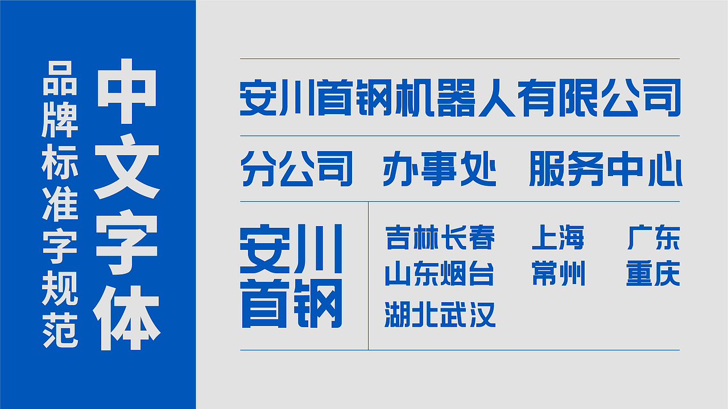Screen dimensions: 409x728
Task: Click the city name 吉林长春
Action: (440, 237)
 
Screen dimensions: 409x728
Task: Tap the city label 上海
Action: (558, 237)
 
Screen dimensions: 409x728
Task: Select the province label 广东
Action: (653, 237)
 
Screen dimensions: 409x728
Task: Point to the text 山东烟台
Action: (439, 274)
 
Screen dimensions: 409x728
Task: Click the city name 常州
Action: (558, 274)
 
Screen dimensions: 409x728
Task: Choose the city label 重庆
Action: (653, 274)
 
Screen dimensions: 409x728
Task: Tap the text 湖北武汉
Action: (440, 314)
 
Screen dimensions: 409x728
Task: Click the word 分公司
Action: (296, 169)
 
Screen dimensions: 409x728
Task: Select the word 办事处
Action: (439, 169)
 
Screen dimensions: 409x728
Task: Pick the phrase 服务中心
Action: (605, 169)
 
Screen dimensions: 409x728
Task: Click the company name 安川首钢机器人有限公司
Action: (460, 98)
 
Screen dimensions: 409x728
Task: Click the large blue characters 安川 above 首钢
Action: (291, 249)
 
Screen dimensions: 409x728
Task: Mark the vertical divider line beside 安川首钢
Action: (369, 276)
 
